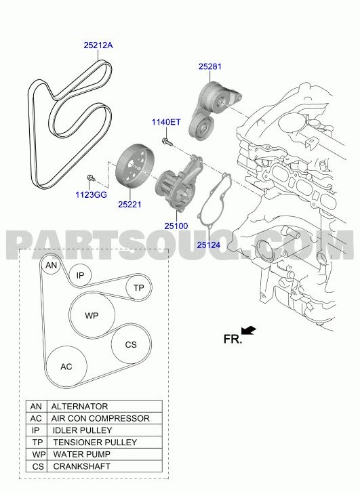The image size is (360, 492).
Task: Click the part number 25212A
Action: click(x=98, y=45)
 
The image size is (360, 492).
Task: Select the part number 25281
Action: click(x=209, y=66)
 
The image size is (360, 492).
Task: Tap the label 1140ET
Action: click(x=166, y=122)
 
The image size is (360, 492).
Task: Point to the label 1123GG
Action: click(x=91, y=195)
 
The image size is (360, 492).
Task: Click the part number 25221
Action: click(x=129, y=204)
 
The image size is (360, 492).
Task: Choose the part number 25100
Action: click(x=176, y=226)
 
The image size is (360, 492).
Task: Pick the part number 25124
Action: click(x=209, y=245)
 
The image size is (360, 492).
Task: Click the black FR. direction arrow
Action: click(x=249, y=331)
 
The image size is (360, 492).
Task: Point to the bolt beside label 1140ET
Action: click(x=167, y=142)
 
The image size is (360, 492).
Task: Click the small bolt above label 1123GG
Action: click(x=90, y=178)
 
